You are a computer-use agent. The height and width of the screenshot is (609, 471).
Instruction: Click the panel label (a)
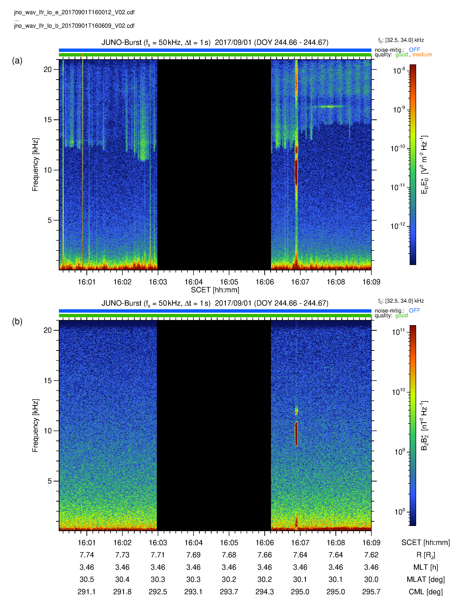(x=17, y=61)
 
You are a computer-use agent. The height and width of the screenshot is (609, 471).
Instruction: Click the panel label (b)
(x=17, y=321)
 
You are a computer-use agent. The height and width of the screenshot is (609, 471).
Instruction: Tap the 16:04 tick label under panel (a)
(x=193, y=282)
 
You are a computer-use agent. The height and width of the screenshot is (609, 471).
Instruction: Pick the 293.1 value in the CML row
(x=193, y=592)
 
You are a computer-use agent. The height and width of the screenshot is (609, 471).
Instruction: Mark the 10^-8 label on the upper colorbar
(x=399, y=70)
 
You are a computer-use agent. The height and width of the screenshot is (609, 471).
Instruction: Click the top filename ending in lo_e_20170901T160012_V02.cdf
(x=74, y=12)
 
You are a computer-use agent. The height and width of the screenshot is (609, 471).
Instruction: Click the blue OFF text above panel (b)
(x=414, y=311)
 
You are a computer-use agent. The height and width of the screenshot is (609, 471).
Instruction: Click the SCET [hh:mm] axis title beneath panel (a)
(x=215, y=290)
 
